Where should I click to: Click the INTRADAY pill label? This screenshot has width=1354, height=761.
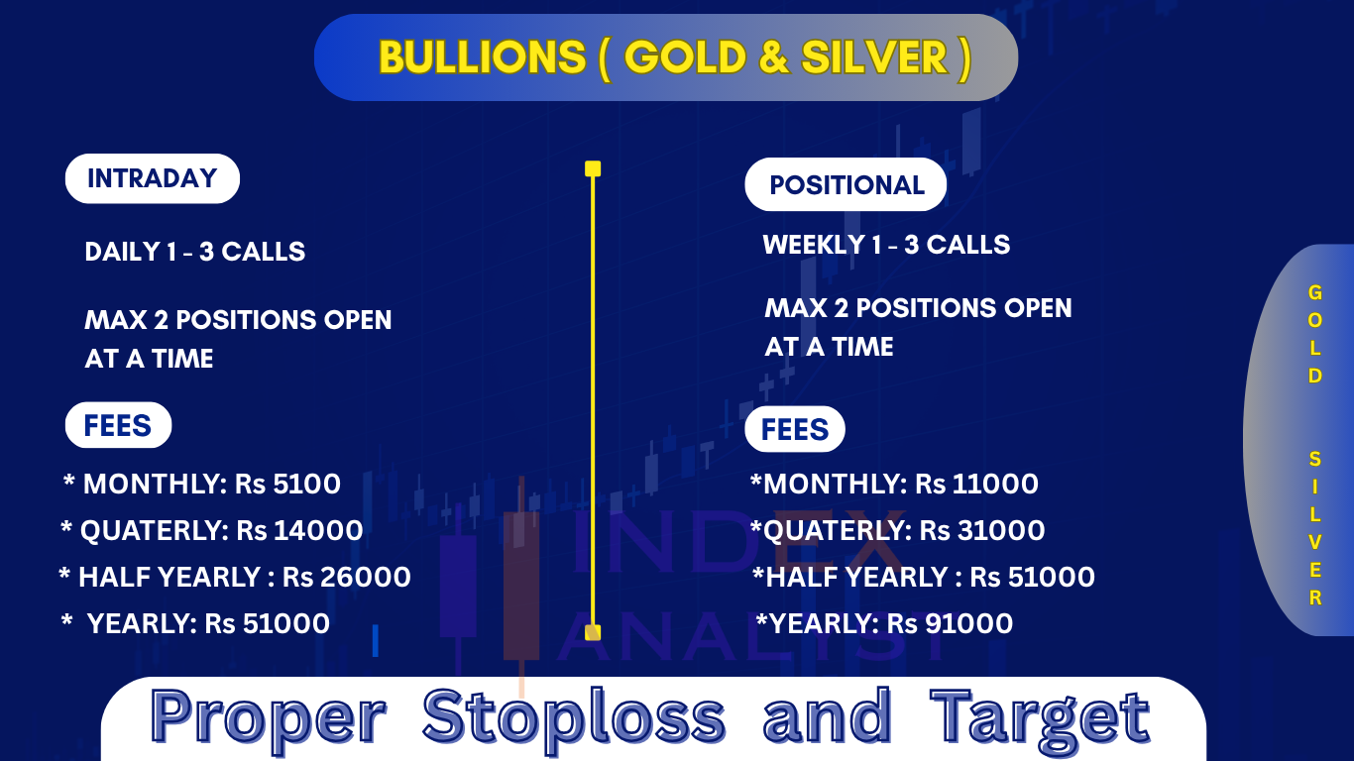point(153,178)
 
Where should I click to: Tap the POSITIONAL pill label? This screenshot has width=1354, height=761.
point(846,184)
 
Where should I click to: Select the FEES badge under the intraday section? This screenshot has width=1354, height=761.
point(119,425)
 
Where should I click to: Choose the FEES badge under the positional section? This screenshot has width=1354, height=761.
point(795,429)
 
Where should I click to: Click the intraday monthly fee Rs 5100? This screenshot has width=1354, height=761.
point(287,485)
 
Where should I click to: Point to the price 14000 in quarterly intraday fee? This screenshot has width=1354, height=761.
point(318,531)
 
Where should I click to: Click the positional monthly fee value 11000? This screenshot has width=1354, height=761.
point(995,485)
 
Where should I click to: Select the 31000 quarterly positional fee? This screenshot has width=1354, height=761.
point(1001,531)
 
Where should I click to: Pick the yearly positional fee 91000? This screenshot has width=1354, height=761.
point(969,624)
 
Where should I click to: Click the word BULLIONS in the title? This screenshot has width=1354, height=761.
point(483,57)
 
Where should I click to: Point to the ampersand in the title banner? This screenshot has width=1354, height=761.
point(773,57)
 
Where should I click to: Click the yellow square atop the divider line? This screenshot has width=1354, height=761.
point(593,168)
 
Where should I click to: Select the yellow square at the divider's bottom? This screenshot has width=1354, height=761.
point(593,632)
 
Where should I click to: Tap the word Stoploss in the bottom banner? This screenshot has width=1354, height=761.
point(574,717)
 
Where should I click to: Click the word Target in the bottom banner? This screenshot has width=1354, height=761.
point(1040,717)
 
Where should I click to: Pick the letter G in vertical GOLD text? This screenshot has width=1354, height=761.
point(1315,293)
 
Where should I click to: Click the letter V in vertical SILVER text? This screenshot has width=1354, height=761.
point(1315,543)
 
